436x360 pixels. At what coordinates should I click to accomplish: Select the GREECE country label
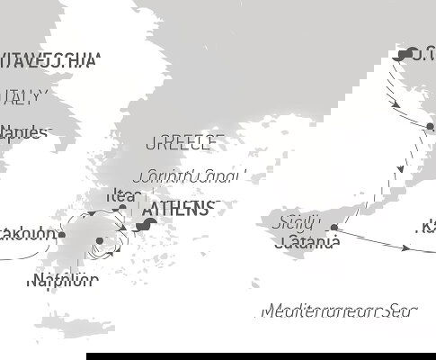point(183,142)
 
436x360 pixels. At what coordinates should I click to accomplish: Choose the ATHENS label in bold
point(176,210)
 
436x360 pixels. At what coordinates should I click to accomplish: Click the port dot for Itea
point(122,209)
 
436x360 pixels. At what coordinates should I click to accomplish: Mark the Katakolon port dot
point(62,235)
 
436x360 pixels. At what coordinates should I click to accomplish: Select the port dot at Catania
point(334,229)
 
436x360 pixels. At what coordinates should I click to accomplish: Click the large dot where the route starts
point(406,53)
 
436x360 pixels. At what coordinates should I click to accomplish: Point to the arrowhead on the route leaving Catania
point(426,251)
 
